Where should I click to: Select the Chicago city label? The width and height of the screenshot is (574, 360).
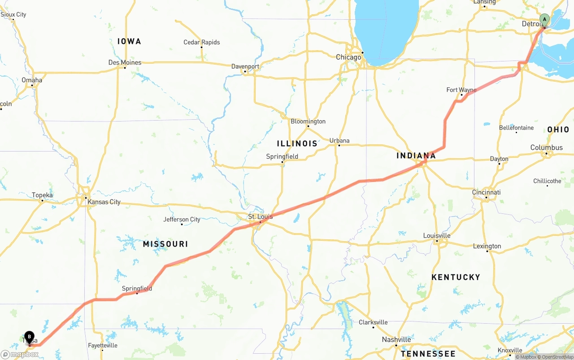pyautogui.click(x=348, y=57)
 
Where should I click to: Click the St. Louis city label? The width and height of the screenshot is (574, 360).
pyautogui.click(x=260, y=217)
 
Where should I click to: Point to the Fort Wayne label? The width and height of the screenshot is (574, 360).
pyautogui.click(x=461, y=90)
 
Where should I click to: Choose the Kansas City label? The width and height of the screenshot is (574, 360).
pyautogui.click(x=104, y=202)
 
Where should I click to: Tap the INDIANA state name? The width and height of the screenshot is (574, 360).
pyautogui.click(x=416, y=156)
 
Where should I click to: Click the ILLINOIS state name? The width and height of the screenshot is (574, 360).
pyautogui.click(x=297, y=143)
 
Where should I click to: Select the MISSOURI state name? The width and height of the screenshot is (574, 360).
pyautogui.click(x=165, y=244)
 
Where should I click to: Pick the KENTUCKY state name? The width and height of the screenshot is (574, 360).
pyautogui.click(x=456, y=277)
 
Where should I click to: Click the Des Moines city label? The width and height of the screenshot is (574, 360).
pyautogui.click(x=125, y=62)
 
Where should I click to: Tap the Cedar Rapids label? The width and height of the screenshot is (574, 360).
pyautogui.click(x=201, y=42)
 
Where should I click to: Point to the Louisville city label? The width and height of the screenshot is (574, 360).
pyautogui.click(x=437, y=235)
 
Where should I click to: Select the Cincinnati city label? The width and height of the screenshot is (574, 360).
pyautogui.click(x=486, y=192)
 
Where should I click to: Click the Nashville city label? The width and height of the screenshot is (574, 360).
pyautogui.click(x=396, y=339)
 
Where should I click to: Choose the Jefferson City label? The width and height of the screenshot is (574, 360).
pyautogui.click(x=182, y=219)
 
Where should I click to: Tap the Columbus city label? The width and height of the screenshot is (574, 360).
pyautogui.click(x=546, y=147)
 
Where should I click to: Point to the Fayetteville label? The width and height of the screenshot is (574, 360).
pyautogui.click(x=102, y=345)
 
